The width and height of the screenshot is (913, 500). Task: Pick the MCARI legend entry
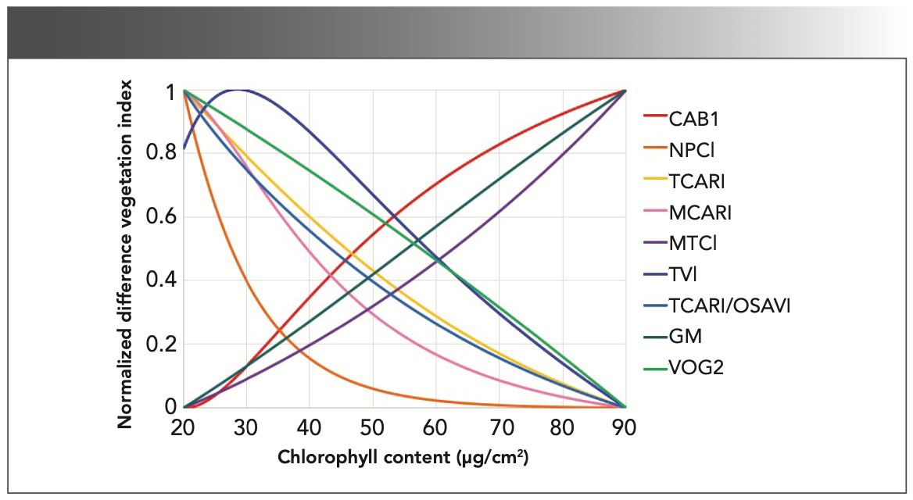point(700,212)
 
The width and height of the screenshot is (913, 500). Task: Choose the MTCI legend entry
point(693,243)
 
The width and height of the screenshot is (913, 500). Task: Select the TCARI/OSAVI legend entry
point(729,305)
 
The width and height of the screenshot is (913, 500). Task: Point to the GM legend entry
point(686,337)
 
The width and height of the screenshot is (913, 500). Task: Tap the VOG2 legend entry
point(696,367)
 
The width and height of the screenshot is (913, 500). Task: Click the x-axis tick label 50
point(372,428)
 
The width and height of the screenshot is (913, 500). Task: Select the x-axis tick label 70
point(499,428)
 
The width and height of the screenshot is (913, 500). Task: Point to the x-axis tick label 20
point(183,428)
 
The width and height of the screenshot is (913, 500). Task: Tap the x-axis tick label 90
point(625,428)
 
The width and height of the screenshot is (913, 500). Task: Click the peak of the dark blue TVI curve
point(237,90)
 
